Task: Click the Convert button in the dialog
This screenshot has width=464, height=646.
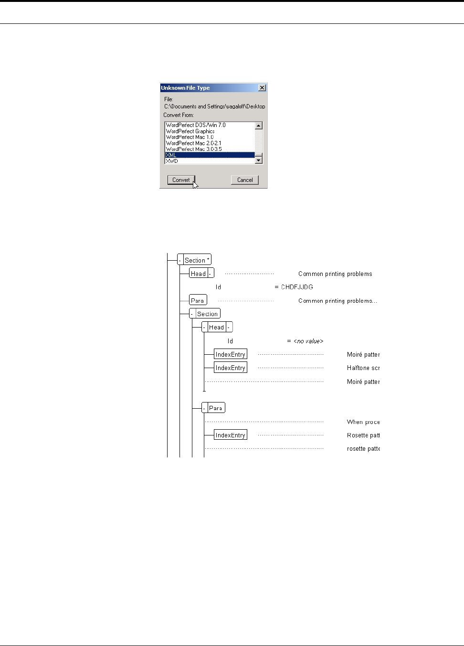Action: click(181, 180)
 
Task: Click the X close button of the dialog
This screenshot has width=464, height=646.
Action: click(262, 88)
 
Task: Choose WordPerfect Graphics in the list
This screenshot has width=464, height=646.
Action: click(190, 131)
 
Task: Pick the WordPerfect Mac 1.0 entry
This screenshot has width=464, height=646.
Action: click(190, 137)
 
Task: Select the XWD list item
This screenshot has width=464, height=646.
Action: click(172, 161)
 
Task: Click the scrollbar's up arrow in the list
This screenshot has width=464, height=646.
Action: click(259, 126)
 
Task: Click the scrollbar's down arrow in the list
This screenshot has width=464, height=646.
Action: click(259, 160)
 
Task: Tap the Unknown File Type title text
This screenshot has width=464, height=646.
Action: click(185, 88)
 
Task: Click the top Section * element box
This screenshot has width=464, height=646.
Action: click(197, 260)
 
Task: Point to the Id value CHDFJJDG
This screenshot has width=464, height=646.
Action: click(297, 287)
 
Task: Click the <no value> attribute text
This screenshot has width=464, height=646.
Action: click(308, 341)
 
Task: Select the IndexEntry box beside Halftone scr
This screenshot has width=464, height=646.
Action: click(230, 368)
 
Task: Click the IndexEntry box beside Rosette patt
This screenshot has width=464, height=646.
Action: click(230, 435)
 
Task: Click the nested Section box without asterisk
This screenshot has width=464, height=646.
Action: click(207, 314)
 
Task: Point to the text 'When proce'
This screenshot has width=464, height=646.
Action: click(363, 422)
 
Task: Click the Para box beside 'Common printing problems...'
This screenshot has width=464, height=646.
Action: click(198, 300)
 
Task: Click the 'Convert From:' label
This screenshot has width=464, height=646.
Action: click(179, 115)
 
